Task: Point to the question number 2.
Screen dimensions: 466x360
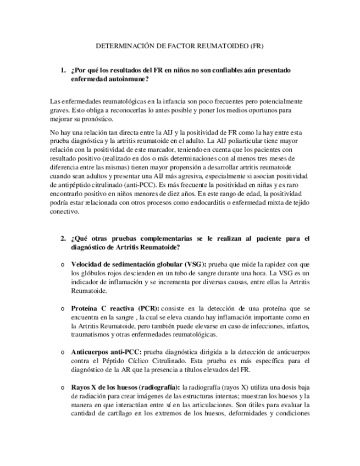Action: tap(62, 239)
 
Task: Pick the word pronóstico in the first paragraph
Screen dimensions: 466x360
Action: tap(96, 119)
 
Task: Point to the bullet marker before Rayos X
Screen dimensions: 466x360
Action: tap(63, 388)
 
